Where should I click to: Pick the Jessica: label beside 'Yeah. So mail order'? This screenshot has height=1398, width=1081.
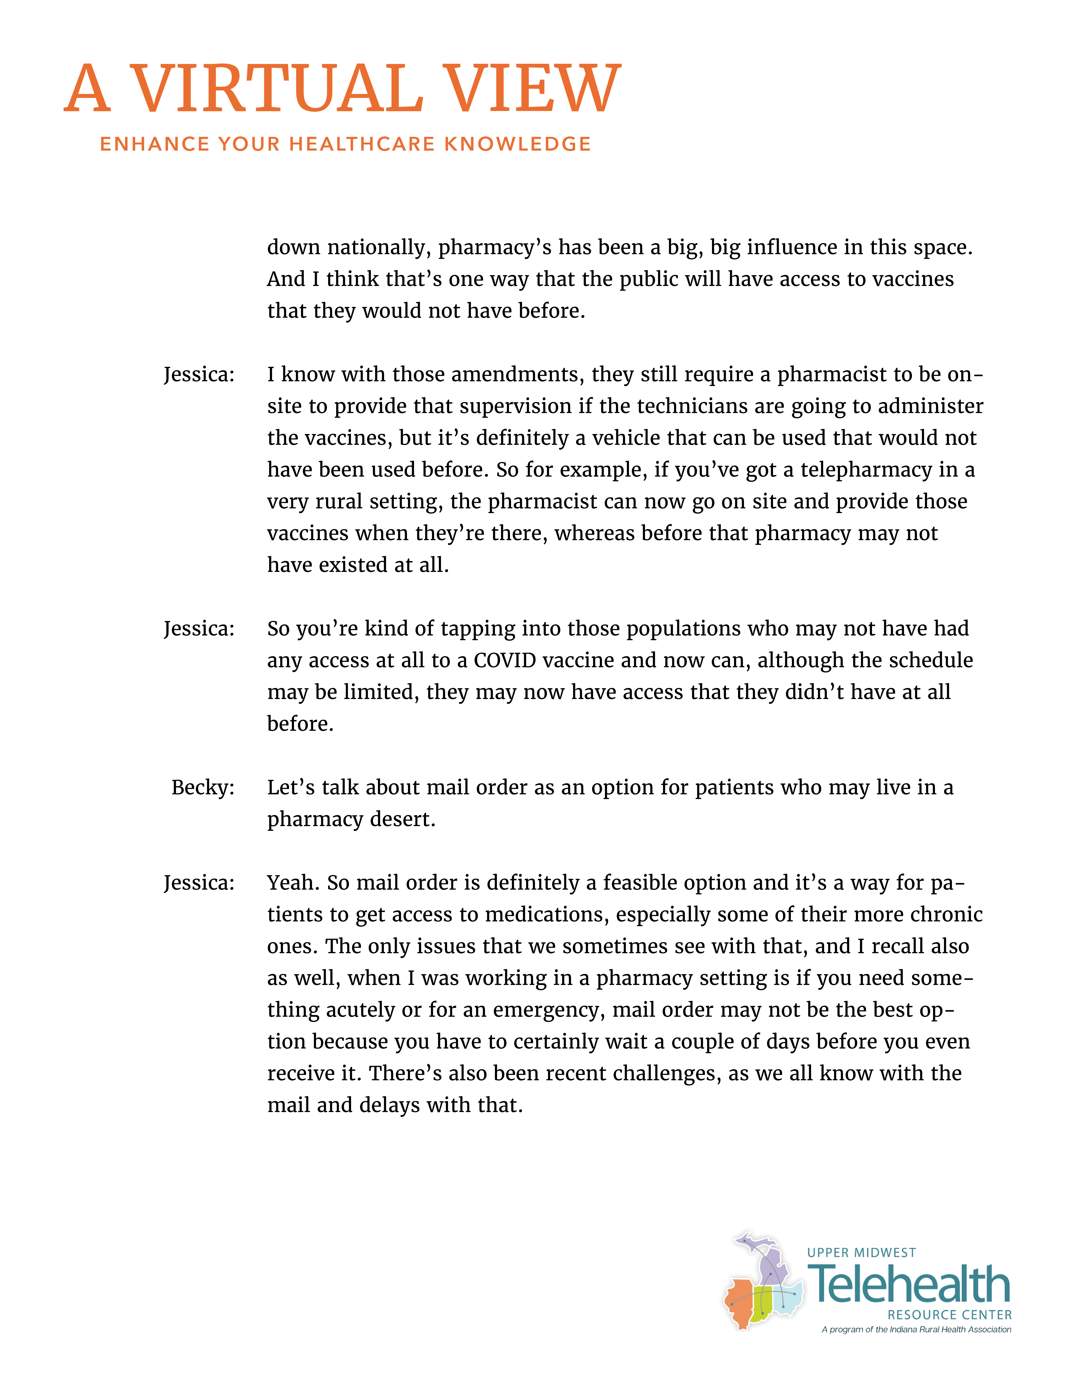(x=199, y=883)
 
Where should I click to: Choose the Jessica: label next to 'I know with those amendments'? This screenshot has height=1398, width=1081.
(x=199, y=374)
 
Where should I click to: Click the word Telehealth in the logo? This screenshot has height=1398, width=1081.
(x=909, y=1285)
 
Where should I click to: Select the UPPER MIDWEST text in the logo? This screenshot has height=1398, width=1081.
(x=861, y=1253)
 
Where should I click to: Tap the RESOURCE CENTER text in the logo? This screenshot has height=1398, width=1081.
(x=949, y=1315)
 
